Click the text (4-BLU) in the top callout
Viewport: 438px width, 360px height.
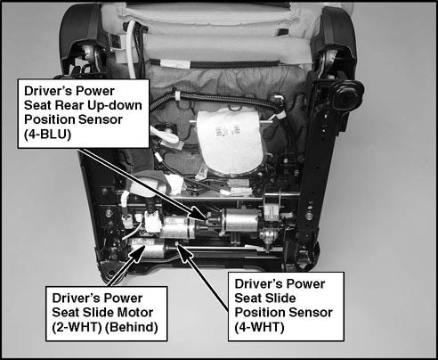pos(48,135)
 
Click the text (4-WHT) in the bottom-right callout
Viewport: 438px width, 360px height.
pos(259,327)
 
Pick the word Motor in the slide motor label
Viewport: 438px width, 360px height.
pos(135,313)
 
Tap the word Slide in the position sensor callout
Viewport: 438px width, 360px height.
pos(280,299)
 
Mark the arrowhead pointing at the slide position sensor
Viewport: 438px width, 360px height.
pos(183,252)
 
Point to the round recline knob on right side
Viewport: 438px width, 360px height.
pos(348,94)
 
